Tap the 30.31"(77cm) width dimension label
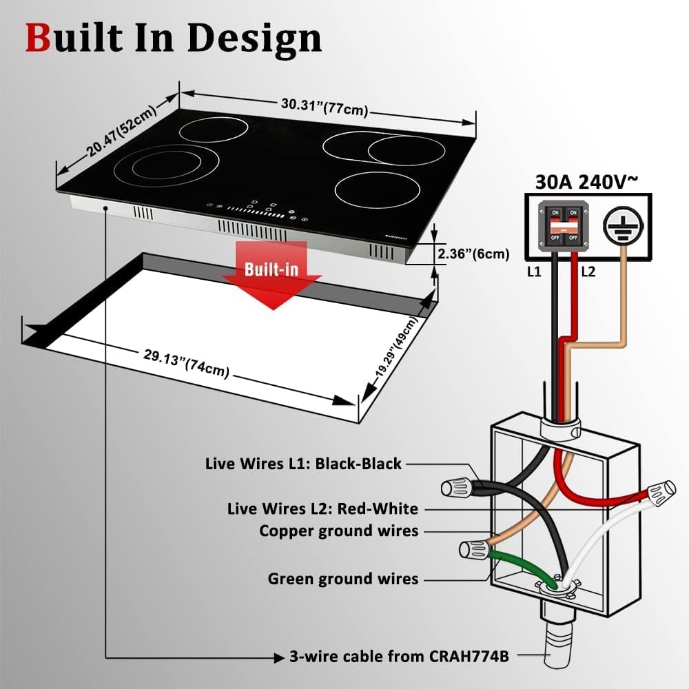click(324, 107)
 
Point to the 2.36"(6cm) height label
click(473, 254)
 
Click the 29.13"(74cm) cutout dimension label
click(186, 364)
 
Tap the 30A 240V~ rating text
click(587, 182)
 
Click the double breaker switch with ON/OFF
click(564, 226)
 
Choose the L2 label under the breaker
click(588, 272)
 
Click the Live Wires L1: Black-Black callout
click(303, 464)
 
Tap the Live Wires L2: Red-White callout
click(322, 509)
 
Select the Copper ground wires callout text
click(338, 531)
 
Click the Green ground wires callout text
click(342, 579)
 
